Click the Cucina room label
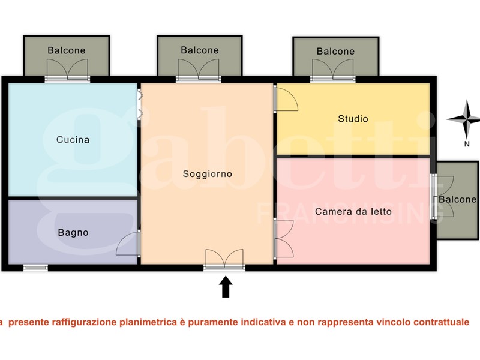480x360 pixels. (x=73, y=140)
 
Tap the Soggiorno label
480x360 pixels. (x=207, y=174)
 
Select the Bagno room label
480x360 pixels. (x=73, y=233)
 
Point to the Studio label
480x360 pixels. (x=353, y=118)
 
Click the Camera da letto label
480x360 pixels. (x=353, y=212)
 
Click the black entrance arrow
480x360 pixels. (x=226, y=287)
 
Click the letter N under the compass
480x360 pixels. (x=467, y=144)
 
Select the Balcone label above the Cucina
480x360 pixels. (x=67, y=50)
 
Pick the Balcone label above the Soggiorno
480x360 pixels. (x=200, y=50)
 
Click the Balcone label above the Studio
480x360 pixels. (x=335, y=51)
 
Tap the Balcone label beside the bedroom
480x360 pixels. (x=457, y=200)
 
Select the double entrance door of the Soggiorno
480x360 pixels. (x=224, y=259)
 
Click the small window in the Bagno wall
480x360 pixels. (x=36, y=268)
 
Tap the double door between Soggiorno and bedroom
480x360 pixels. (x=284, y=239)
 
